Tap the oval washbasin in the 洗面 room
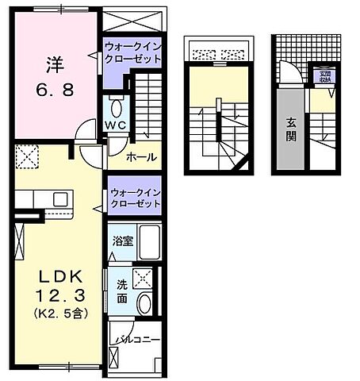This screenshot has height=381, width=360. tap(144, 302)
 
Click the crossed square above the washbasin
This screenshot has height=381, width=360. tap(144, 278)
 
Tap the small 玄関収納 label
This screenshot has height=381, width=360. tap(325, 76)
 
